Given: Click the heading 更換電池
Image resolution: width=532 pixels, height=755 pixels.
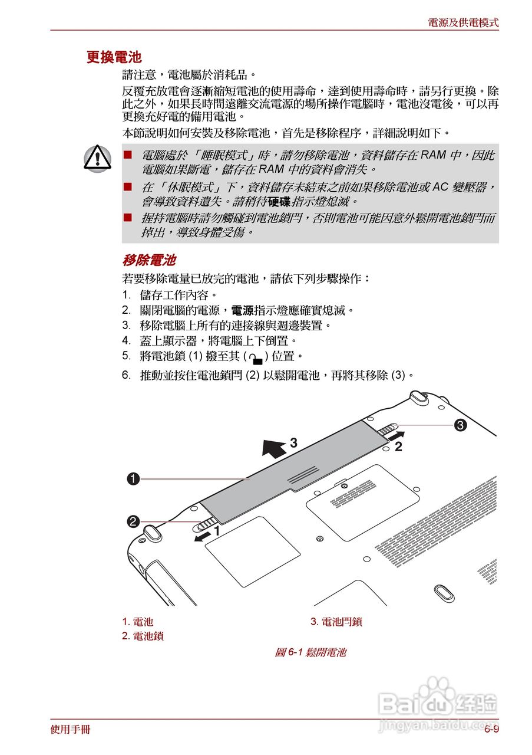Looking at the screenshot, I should click(114, 57).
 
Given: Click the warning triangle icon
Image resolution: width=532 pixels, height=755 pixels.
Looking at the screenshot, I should click(97, 157).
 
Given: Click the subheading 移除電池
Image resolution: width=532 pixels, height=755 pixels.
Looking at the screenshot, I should click(149, 260).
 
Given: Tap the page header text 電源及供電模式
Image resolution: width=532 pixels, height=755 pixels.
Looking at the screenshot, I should click(463, 23).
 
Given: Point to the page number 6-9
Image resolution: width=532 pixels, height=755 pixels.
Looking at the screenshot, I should click(491, 730).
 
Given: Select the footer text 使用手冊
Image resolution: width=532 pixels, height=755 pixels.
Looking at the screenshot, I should click(71, 730).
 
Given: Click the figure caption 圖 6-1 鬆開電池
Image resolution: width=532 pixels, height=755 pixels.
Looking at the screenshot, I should click(310, 652).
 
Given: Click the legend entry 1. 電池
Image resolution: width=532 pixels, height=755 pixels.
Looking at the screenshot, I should click(138, 622).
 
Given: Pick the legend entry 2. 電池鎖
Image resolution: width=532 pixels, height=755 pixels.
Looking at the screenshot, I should click(143, 636).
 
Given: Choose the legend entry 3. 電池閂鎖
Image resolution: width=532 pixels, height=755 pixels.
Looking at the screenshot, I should click(336, 622).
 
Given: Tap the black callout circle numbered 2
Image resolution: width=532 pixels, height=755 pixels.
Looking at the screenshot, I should click(134, 521).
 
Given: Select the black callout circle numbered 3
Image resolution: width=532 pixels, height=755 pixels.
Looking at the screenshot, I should click(460, 424).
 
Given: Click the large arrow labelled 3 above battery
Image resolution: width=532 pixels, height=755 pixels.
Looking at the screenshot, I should click(274, 447).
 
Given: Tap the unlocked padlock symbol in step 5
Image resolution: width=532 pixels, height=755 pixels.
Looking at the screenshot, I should click(255, 357).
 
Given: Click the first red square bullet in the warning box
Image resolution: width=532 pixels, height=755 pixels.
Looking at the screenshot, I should click(127, 155).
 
